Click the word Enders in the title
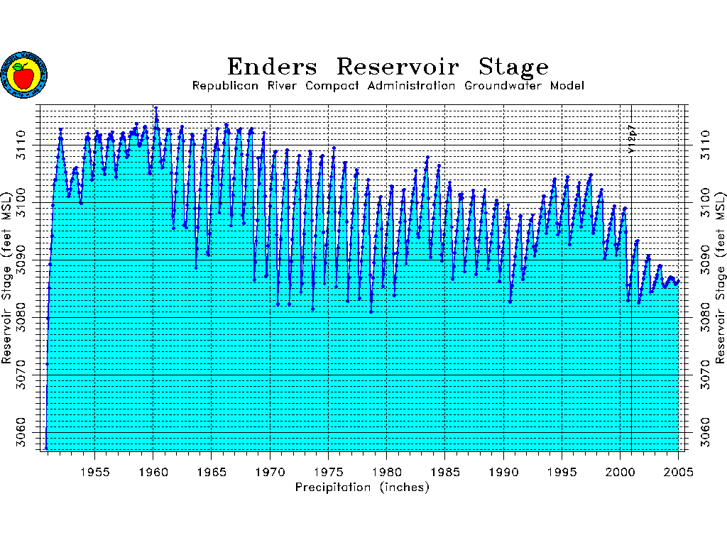(x=273, y=67)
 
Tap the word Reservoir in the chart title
(x=398, y=67)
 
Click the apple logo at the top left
(x=23, y=74)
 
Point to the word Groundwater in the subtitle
(x=503, y=86)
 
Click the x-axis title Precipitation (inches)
(x=362, y=488)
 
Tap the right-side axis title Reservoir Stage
(x=720, y=277)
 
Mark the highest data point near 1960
(x=155, y=108)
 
